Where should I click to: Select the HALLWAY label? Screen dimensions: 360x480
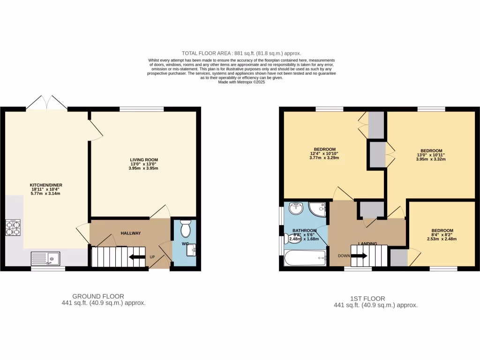(x=131, y=233)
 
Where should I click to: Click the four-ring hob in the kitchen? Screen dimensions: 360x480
(x=13, y=227)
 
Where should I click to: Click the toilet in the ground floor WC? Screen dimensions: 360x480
(x=185, y=228)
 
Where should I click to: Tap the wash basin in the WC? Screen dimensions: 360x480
(x=191, y=251)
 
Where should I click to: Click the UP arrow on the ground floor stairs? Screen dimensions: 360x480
(x=137, y=257)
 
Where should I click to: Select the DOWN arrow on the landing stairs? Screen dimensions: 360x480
(x=359, y=256)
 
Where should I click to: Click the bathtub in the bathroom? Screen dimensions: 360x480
(x=305, y=258)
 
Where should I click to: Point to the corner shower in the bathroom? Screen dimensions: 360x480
(x=318, y=209)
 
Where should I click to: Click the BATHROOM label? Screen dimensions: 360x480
(x=305, y=231)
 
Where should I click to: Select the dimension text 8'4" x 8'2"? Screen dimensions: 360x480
(x=442, y=235)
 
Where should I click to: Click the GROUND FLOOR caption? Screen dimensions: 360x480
(x=98, y=296)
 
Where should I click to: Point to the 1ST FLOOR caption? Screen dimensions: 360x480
(x=367, y=299)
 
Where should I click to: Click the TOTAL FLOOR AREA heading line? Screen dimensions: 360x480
(x=241, y=53)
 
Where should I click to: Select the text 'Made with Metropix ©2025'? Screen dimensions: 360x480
(x=241, y=82)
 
